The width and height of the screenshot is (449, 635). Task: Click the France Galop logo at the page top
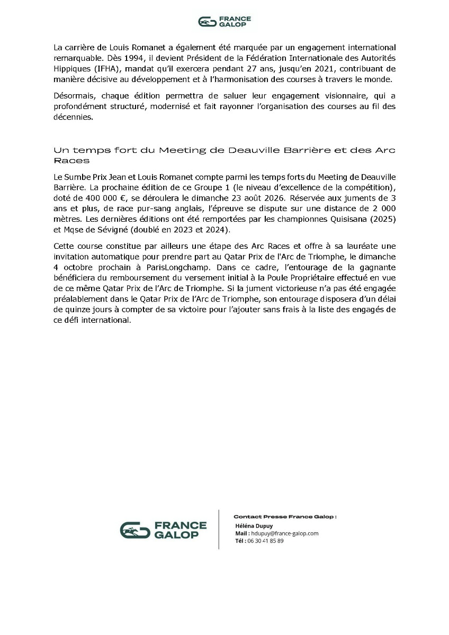pyautogui.click(x=224, y=21)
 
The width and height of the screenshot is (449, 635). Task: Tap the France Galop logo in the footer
pyautogui.click(x=163, y=530)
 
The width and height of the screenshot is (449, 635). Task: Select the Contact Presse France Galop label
pyautogui.click(x=285, y=516)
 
